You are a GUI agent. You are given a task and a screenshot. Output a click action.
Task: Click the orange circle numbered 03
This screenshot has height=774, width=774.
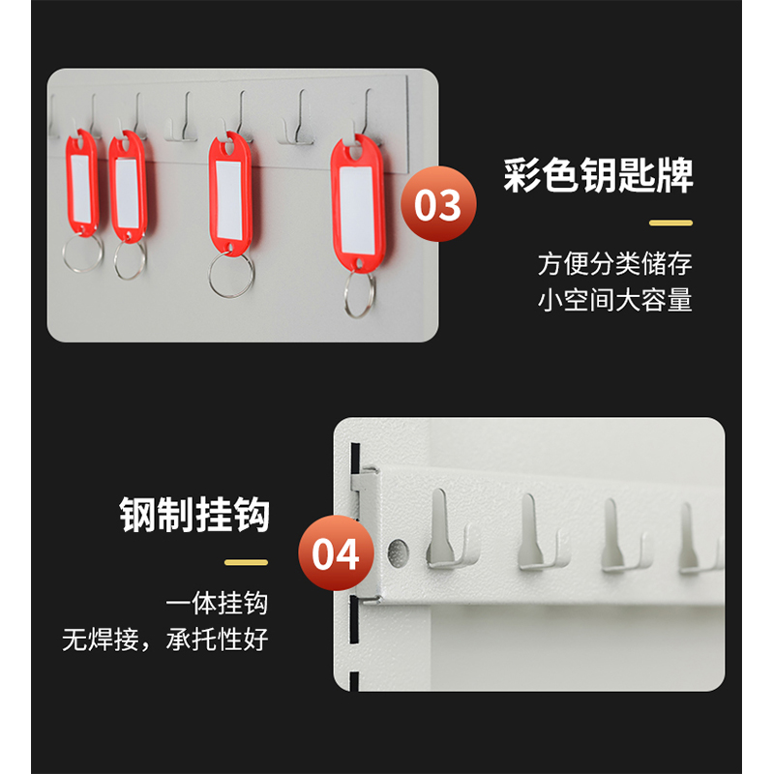(438, 204)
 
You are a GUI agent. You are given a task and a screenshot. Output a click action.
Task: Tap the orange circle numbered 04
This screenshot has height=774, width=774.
(336, 552)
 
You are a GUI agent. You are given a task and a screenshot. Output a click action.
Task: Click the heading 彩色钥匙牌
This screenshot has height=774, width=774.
(598, 175)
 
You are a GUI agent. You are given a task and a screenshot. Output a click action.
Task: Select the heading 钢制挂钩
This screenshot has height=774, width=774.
(194, 515)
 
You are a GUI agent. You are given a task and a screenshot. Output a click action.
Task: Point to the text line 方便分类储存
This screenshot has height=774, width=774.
(615, 263)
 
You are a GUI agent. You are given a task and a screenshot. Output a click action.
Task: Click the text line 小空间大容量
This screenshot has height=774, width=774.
(615, 300)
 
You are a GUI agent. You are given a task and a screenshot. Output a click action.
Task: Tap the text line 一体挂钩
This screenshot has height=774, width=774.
(217, 603)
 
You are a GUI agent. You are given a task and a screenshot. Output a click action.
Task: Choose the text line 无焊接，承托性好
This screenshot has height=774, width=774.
(165, 640)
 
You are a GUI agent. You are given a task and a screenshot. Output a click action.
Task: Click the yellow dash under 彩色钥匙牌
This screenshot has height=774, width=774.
(670, 223)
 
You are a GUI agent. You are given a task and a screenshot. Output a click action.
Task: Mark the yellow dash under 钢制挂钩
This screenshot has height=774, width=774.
(247, 562)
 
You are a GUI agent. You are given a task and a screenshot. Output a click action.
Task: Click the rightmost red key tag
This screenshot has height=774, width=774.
(357, 203)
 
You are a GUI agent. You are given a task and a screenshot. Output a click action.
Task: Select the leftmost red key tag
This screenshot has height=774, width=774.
(82, 183)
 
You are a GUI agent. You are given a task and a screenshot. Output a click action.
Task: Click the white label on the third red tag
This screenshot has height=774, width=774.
(229, 200)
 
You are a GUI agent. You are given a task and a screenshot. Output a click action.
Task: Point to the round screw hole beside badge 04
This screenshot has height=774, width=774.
(398, 552)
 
